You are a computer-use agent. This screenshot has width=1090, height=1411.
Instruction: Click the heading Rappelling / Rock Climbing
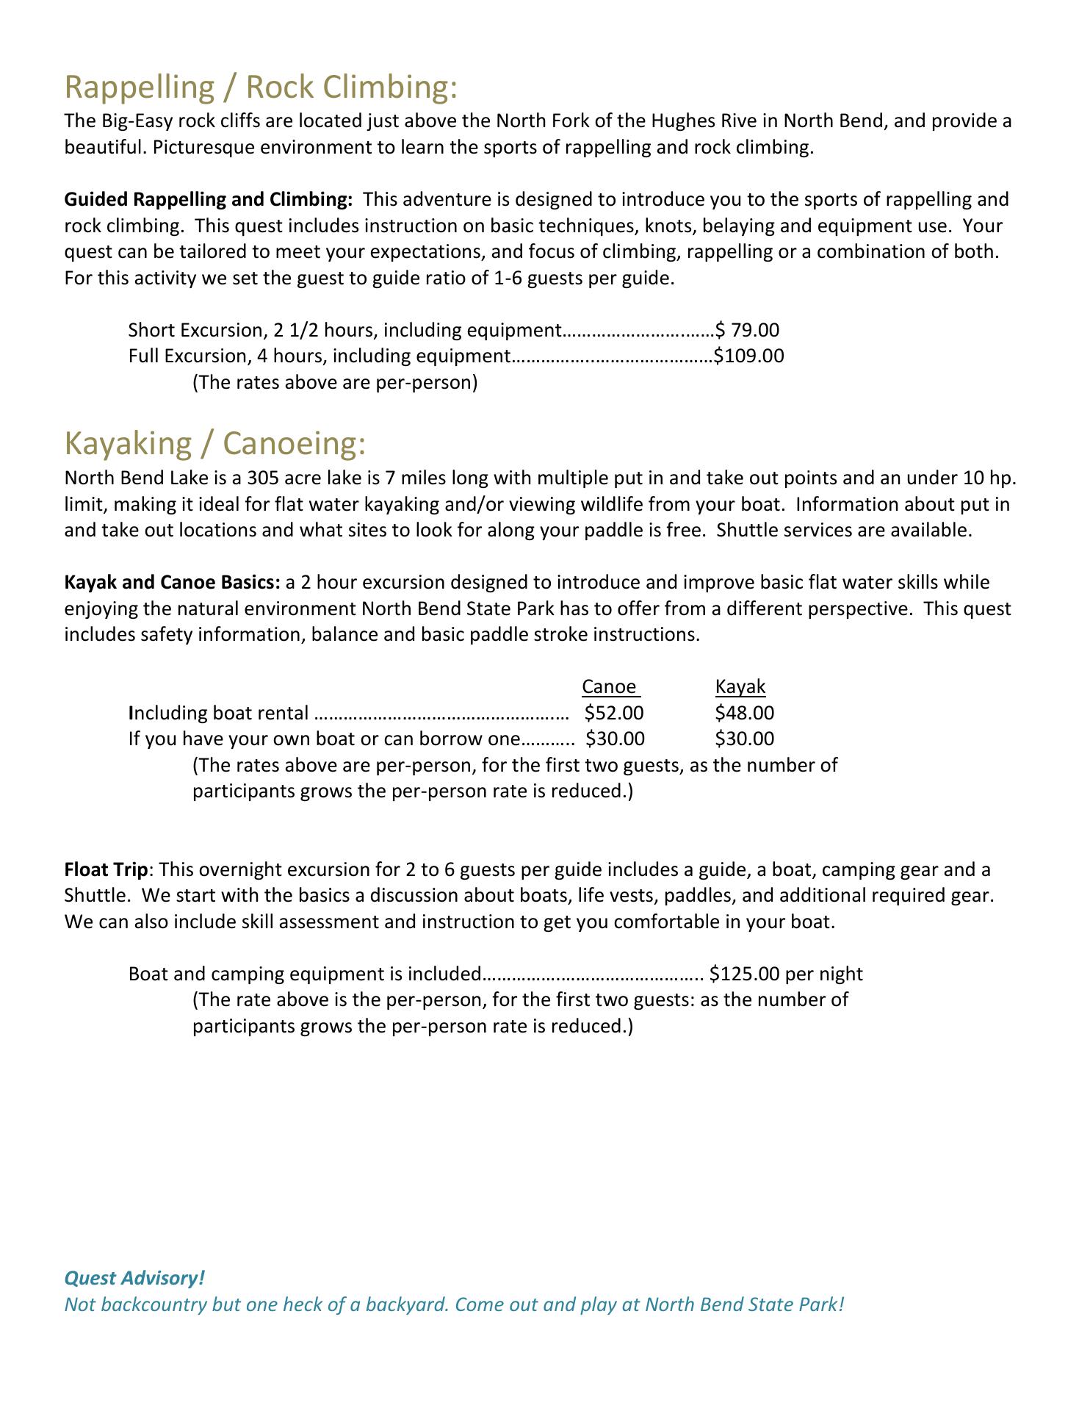click(x=261, y=87)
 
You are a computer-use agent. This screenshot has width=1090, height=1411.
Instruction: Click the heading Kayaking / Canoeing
click(x=214, y=444)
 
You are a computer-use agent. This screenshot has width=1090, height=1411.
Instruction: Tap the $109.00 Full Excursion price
click(x=748, y=356)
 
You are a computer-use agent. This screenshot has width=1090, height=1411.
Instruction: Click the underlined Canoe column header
click(x=609, y=686)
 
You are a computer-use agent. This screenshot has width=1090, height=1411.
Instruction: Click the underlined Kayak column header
click(x=740, y=686)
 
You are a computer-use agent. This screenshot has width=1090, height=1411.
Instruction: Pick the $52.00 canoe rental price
click(x=614, y=713)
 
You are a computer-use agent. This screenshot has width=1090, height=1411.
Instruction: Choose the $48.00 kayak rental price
click(x=744, y=713)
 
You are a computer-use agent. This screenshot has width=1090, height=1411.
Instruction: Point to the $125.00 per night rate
click(x=786, y=974)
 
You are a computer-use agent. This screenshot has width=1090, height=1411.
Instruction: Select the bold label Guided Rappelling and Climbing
click(x=209, y=200)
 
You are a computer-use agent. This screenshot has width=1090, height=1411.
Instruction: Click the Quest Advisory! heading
click(x=134, y=1278)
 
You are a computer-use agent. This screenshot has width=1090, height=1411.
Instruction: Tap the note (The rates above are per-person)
click(x=335, y=383)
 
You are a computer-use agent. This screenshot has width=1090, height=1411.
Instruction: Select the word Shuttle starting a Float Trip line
click(x=93, y=897)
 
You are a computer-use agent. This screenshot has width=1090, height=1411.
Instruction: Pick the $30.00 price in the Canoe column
click(x=615, y=739)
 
